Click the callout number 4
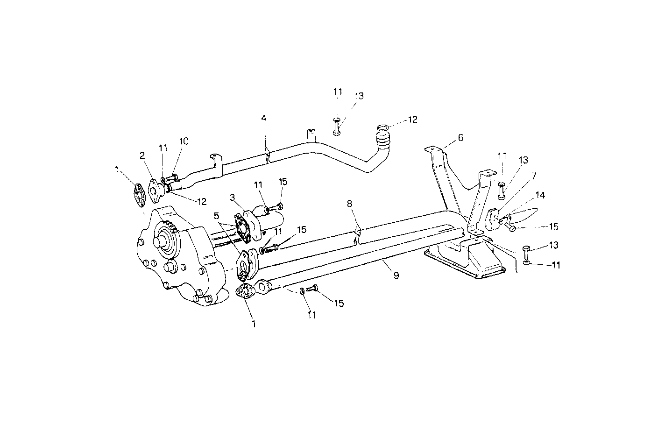264,118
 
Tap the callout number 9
396,276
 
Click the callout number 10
184,141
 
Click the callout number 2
142,155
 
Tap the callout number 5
216,216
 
